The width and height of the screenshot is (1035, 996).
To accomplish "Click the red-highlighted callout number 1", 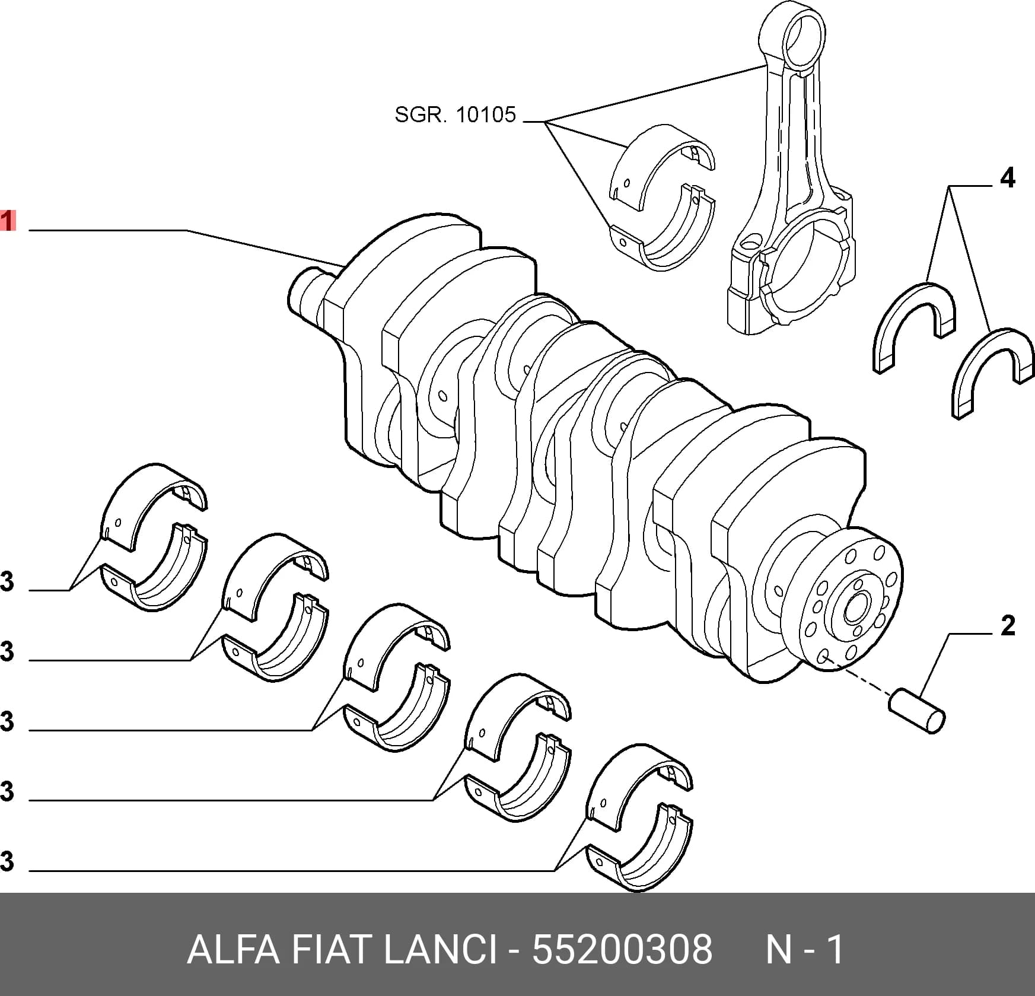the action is click(7, 221).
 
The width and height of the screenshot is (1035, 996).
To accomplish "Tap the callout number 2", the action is click(1007, 626).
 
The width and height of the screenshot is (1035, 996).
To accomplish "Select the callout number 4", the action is click(1007, 178).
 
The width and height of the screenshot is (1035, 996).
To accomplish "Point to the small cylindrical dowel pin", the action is click(917, 711).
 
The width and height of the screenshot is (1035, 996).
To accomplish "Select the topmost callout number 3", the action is click(7, 582).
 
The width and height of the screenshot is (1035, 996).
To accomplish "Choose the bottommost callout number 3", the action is click(7, 862).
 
